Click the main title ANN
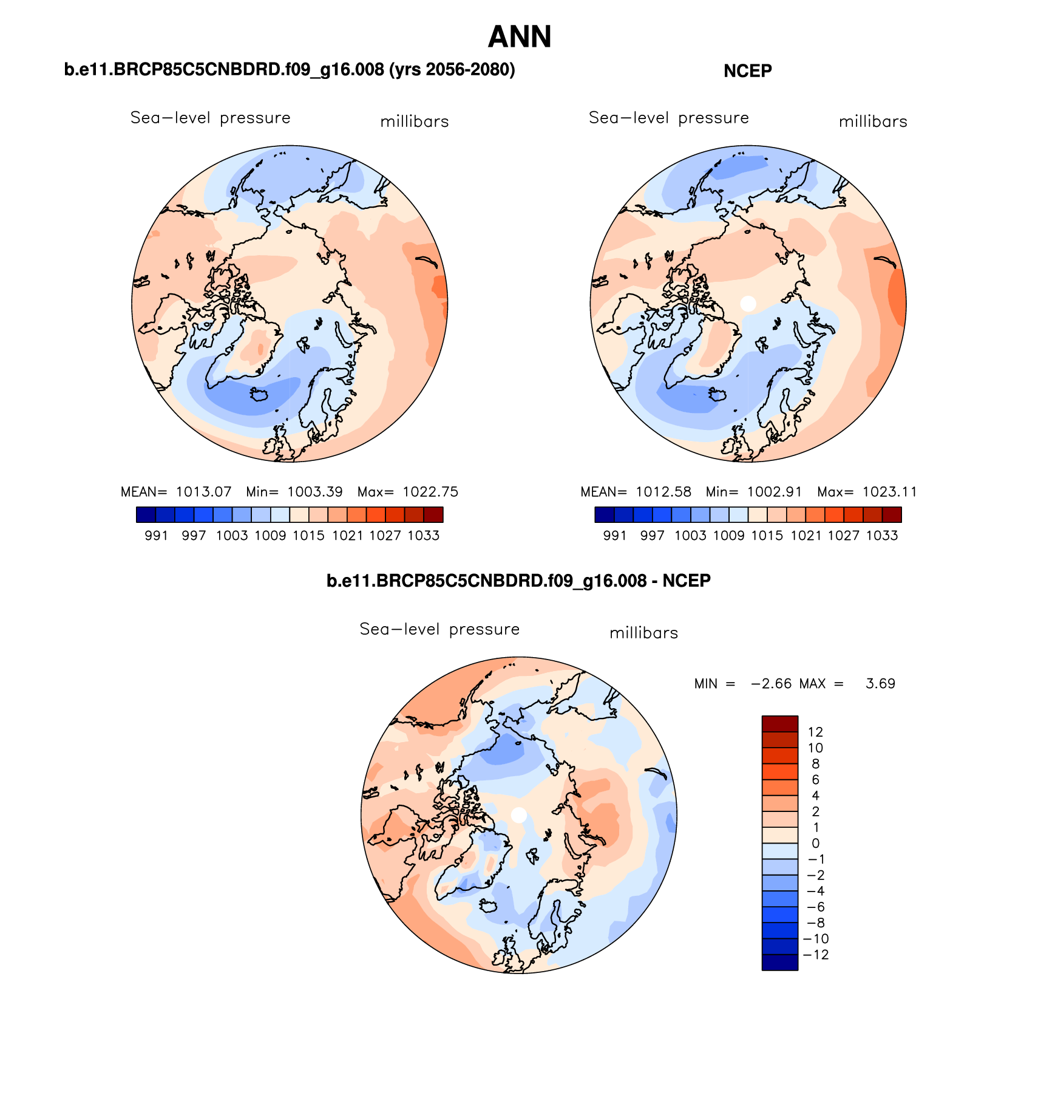point(520,37)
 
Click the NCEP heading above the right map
point(747,71)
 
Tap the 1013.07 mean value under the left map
point(203,492)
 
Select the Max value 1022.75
point(430,492)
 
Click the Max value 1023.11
point(889,492)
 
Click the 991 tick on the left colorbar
point(156,536)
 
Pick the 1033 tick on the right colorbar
point(882,536)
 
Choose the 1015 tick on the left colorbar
point(308,536)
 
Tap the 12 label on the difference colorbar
point(815,732)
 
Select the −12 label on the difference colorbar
point(815,955)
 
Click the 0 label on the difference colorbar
point(815,844)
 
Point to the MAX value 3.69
point(880,684)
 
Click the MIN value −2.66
point(771,684)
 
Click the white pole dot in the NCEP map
point(748,303)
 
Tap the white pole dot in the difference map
point(518,815)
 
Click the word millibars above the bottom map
point(643,633)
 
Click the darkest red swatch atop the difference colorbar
point(780,724)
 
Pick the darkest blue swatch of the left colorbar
point(146,515)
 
